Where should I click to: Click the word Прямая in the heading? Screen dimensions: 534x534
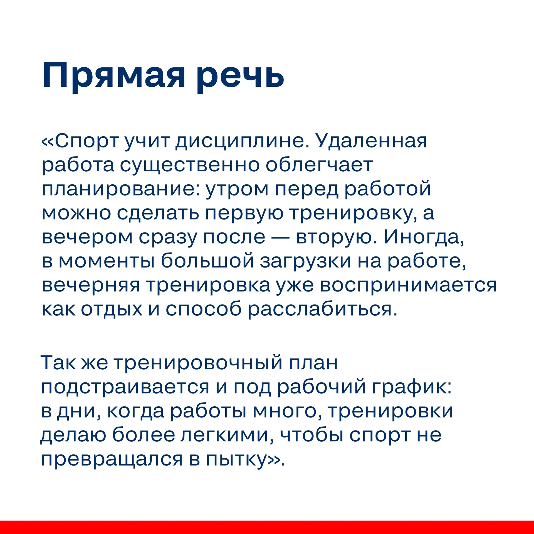(x=114, y=76)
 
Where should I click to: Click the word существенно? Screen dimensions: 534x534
(x=190, y=165)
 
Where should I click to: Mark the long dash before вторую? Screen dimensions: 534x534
(x=281, y=237)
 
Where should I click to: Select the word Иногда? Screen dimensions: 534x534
(x=424, y=237)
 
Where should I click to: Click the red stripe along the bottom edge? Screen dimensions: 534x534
(x=267, y=527)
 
